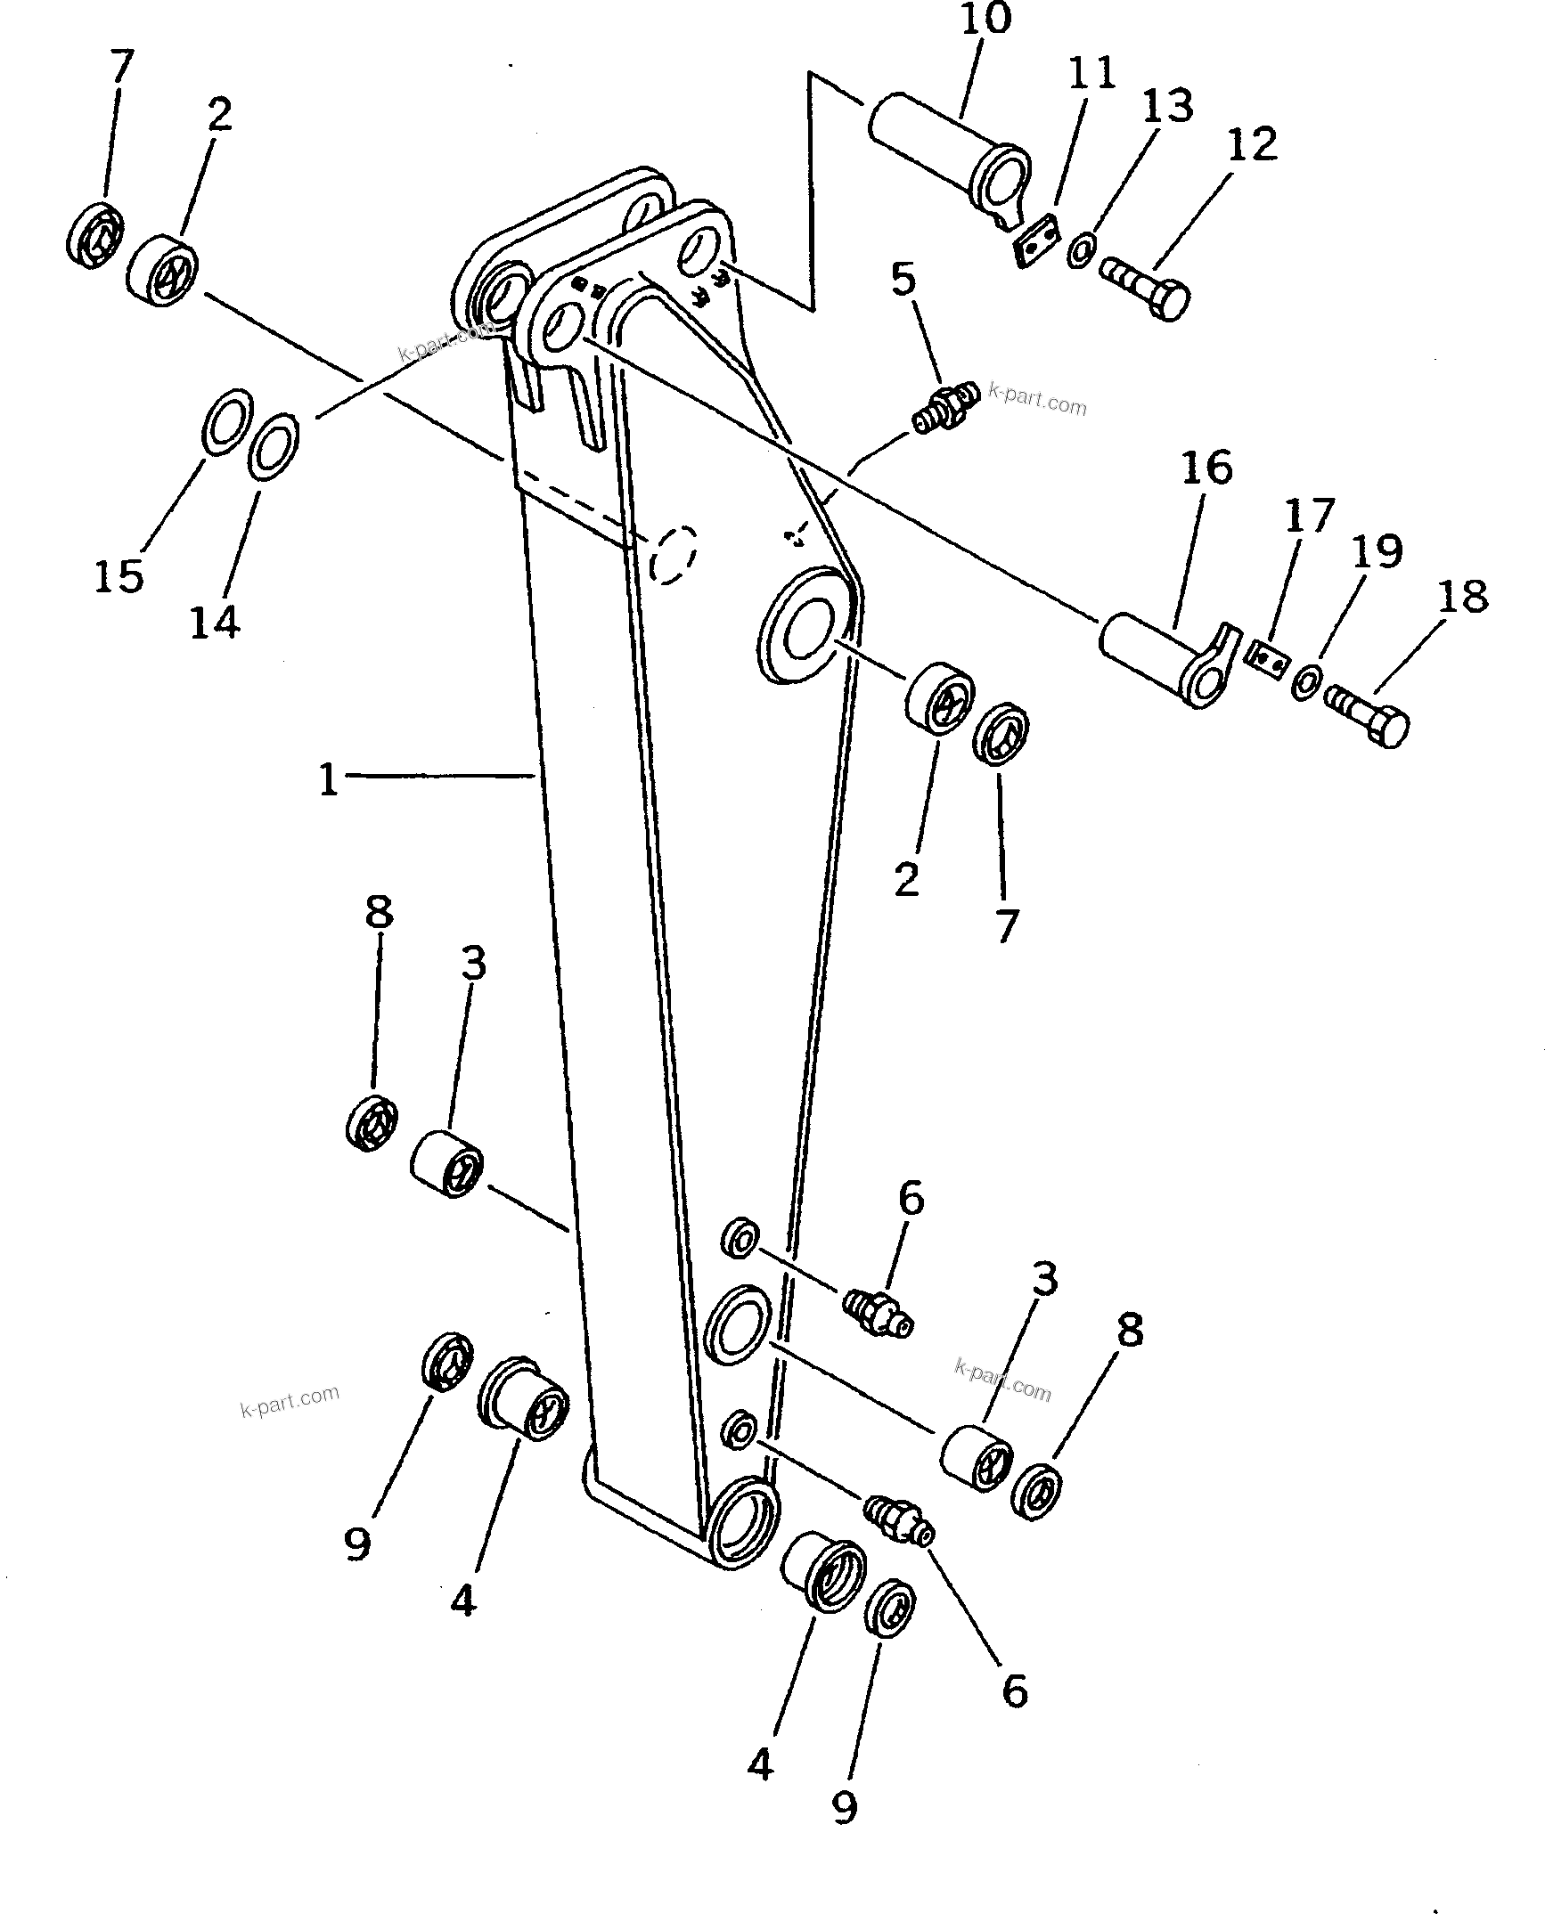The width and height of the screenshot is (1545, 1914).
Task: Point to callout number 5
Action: (x=903, y=280)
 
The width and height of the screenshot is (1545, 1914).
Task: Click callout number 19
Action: (x=1377, y=551)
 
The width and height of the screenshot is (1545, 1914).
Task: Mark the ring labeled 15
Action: (x=225, y=421)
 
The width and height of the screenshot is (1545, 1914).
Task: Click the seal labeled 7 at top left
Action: (x=95, y=233)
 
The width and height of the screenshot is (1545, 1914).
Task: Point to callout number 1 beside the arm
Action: (x=329, y=780)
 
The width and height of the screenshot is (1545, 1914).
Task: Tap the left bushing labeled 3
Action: (x=446, y=1164)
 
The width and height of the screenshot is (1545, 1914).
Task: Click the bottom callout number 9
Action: (x=844, y=1806)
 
